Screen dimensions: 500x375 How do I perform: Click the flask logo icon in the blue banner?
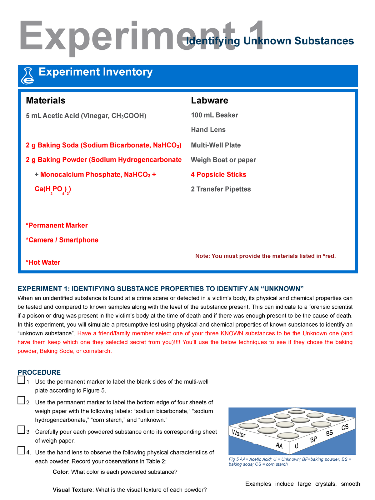click(27, 76)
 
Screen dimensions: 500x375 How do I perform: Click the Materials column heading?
click(46, 100)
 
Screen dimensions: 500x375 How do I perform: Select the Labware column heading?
click(209, 100)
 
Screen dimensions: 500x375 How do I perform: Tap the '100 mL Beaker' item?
click(214, 115)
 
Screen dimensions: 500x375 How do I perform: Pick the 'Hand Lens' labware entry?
click(208, 130)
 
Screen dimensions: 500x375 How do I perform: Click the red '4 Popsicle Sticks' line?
click(218, 174)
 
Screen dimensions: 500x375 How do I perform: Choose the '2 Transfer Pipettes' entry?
click(221, 189)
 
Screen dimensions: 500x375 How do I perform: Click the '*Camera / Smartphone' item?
click(62, 240)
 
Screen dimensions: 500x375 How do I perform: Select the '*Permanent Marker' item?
click(57, 225)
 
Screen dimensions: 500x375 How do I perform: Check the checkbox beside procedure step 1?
click(21, 380)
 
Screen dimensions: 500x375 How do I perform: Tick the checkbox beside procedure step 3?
click(21, 430)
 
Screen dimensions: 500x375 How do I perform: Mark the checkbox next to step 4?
click(21, 451)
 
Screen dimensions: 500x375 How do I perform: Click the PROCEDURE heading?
click(39, 372)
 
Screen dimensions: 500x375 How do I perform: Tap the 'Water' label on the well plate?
click(239, 434)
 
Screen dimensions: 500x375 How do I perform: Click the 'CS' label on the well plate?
click(345, 427)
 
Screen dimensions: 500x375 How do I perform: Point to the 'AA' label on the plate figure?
click(279, 446)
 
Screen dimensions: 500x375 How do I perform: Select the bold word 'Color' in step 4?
click(60, 472)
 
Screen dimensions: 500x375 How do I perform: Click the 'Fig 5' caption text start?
click(234, 459)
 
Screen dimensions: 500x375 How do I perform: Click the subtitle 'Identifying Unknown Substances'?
click(270, 41)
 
